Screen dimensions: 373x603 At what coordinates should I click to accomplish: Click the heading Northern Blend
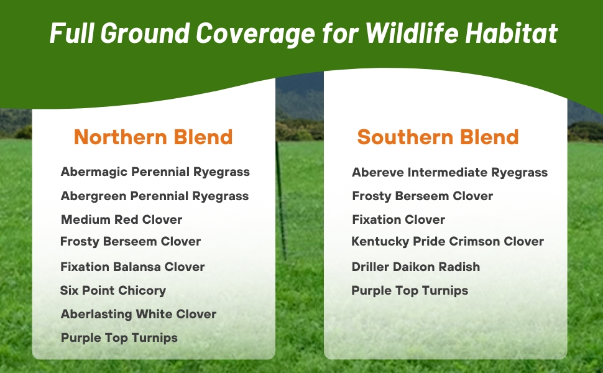[x=153, y=137]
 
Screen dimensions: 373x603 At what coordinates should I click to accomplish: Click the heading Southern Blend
[x=438, y=137]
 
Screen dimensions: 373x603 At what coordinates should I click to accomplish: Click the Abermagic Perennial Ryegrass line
[x=155, y=172]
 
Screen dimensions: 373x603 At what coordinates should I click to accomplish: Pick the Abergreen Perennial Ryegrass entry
[x=154, y=196]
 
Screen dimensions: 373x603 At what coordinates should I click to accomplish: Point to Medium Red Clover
[x=121, y=219]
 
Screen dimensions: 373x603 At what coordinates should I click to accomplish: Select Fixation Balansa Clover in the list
[x=132, y=267]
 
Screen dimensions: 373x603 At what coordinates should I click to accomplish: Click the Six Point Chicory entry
[x=113, y=290]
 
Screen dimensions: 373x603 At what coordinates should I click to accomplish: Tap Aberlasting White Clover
[x=138, y=314]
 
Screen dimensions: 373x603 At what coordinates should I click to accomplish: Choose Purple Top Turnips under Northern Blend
[x=119, y=338]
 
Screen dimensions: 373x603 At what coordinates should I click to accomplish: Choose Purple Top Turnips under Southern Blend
[x=410, y=290]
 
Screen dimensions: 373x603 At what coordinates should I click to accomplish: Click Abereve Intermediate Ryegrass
[x=449, y=172]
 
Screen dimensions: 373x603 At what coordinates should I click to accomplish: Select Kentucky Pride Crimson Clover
[x=448, y=241]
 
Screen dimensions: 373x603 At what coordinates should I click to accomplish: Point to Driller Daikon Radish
[x=415, y=267]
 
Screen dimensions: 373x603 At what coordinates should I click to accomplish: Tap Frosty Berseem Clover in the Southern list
[x=422, y=196]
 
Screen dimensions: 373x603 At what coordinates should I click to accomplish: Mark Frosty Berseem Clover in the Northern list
[x=130, y=241]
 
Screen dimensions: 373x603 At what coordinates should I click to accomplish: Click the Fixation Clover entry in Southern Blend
[x=398, y=219]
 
